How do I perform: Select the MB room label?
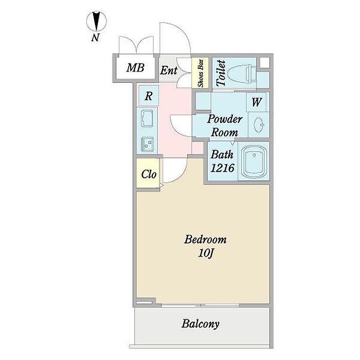tap(135, 67)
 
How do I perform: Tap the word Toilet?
tap(221, 73)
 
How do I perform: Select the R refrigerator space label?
tap(148, 96)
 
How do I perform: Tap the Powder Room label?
tap(225, 125)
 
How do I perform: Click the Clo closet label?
tap(149, 174)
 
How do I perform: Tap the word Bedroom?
tap(206, 240)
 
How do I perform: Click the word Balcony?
tap(201, 324)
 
